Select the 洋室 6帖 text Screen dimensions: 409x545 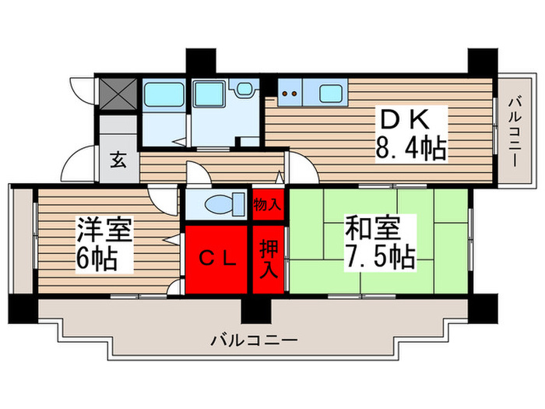[x=104, y=243]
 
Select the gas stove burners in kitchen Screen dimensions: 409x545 [x=290, y=94]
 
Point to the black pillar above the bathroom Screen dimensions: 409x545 [x=198, y=61]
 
